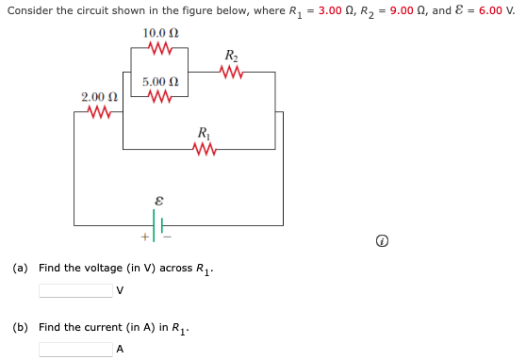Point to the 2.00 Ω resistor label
(99, 97)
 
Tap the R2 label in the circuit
(231, 55)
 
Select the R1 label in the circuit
(204, 132)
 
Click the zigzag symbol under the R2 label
(231, 71)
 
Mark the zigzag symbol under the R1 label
(204, 148)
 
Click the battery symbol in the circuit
(159, 226)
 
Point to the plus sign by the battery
(145, 236)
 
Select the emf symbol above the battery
(158, 201)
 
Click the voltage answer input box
(75, 289)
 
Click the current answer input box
(75, 349)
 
